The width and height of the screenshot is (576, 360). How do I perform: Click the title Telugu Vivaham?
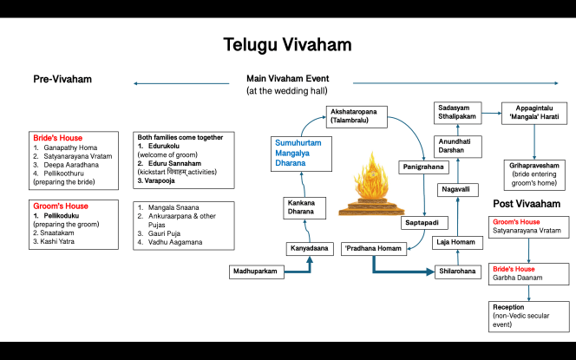(x=288, y=43)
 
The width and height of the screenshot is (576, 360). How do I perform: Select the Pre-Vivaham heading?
(x=62, y=80)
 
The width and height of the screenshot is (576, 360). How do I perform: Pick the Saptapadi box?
(x=421, y=223)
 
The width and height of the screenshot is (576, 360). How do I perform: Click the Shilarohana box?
(x=457, y=272)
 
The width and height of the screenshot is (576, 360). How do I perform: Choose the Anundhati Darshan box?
(x=457, y=145)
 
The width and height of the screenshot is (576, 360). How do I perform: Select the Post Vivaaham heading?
(x=527, y=204)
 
